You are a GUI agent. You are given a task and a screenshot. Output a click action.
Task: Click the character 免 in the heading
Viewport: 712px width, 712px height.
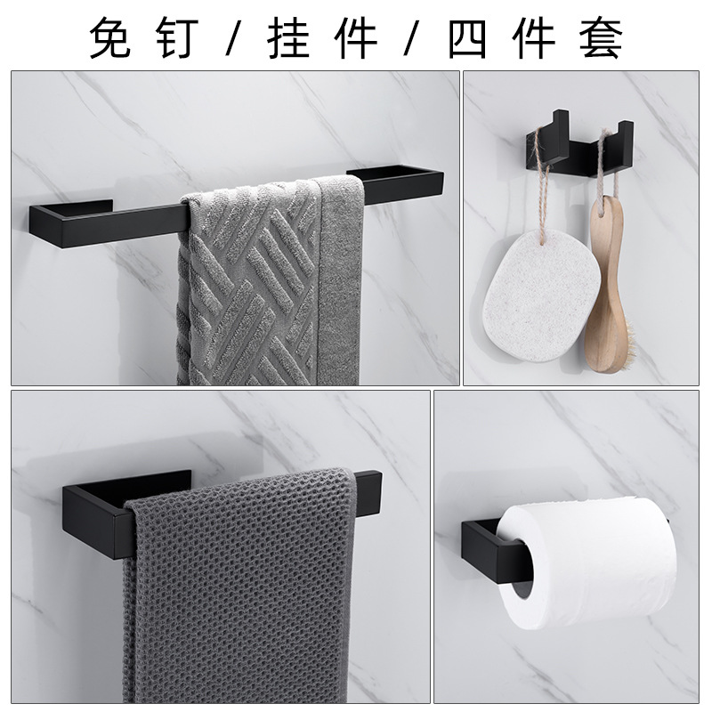click(109, 38)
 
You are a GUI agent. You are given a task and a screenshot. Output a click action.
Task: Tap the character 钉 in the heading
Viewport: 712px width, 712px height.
click(176, 38)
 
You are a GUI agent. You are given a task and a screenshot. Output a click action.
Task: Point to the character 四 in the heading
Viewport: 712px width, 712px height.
click(468, 39)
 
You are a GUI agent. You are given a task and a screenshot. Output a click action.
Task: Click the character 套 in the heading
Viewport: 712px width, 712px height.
click(601, 38)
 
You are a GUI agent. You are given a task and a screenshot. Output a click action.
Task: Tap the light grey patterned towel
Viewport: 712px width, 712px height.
click(271, 281)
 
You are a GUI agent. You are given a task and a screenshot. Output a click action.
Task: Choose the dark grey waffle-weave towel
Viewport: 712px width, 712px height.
click(239, 586)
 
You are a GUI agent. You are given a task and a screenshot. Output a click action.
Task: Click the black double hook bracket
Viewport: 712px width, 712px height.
click(580, 141)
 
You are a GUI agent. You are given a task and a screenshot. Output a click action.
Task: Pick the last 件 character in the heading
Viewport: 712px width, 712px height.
click(534, 38)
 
